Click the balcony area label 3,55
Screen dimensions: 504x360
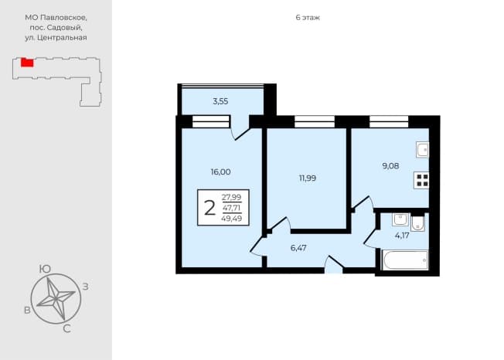[x=220, y=101]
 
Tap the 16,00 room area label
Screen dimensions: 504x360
[x=220, y=172]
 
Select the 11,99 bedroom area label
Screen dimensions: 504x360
[x=308, y=178]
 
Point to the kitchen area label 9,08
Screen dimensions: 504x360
[x=390, y=166]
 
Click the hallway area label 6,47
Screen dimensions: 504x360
[x=298, y=248]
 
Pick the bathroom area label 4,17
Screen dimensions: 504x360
[x=402, y=236]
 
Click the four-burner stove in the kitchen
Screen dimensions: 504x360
[x=421, y=180]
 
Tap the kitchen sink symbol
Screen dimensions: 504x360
[x=422, y=150]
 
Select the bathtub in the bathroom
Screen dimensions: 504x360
[x=405, y=260]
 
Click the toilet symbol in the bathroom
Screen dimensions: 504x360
[x=417, y=222]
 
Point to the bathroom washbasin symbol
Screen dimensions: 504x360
[x=400, y=220]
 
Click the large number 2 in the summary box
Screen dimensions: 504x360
[x=209, y=208]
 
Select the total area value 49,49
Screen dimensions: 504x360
[x=232, y=219]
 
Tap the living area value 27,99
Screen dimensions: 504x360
[x=232, y=197]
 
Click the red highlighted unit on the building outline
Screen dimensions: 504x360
[x=27, y=63]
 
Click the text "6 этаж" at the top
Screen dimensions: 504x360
[x=308, y=18]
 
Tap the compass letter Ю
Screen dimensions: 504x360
[x=45, y=269]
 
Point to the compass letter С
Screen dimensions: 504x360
[x=66, y=329]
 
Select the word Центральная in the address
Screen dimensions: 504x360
[x=62, y=38]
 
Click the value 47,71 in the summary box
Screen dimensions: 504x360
[x=232, y=208]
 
